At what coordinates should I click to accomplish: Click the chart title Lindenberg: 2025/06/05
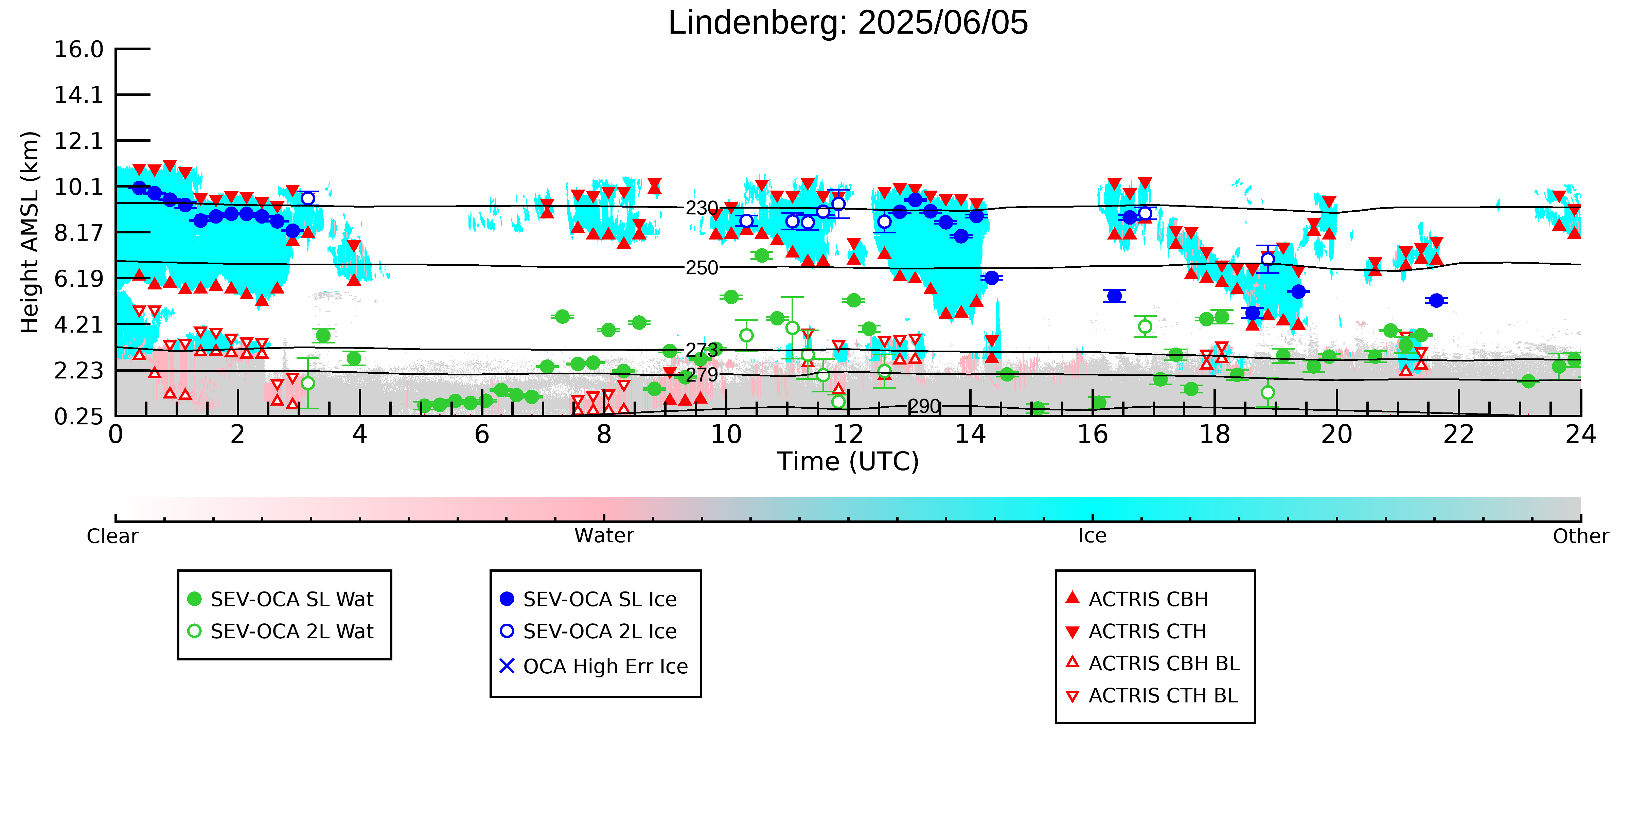pos(848,23)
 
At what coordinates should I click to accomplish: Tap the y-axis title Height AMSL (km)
pos(30,232)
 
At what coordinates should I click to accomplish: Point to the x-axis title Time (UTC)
pos(848,461)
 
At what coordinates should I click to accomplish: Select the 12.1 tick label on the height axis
pos(78,140)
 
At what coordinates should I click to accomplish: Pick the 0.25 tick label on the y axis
pos(78,417)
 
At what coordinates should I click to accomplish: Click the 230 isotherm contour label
pos(702,208)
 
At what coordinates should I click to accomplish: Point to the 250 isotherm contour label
pos(702,268)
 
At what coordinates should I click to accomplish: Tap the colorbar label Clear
pos(113,536)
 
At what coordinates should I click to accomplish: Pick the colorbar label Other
pos(1581,536)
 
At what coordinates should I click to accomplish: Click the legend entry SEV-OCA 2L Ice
pos(588,632)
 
